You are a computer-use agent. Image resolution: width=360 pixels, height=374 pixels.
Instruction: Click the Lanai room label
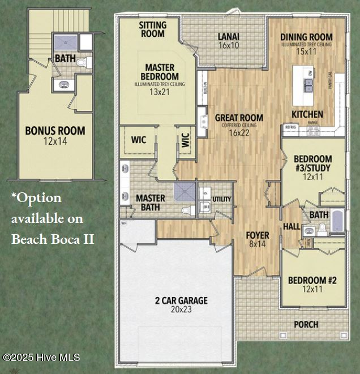point(228,37)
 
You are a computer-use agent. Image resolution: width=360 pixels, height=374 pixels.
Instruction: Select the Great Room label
point(239,118)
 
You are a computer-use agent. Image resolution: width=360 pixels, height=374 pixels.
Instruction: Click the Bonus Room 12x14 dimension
point(55,141)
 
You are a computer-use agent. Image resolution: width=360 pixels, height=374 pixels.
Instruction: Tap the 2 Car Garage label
point(182,300)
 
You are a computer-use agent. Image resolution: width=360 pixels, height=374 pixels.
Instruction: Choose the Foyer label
point(257,235)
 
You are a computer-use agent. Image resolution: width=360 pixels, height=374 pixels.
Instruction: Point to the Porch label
point(306,324)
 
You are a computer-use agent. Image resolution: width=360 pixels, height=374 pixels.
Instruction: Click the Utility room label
point(221,199)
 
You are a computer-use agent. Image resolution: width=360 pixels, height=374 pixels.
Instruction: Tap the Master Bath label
point(151,203)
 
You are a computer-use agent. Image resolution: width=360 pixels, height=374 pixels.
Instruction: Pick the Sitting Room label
point(153,29)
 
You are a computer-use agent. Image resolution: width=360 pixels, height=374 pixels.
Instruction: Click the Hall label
point(292,226)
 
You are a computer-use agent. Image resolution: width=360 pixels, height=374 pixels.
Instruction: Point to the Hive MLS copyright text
point(41,358)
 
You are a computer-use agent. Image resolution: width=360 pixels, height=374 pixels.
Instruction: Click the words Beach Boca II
point(53,239)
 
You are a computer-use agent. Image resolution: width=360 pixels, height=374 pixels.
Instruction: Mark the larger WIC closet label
point(140,139)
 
